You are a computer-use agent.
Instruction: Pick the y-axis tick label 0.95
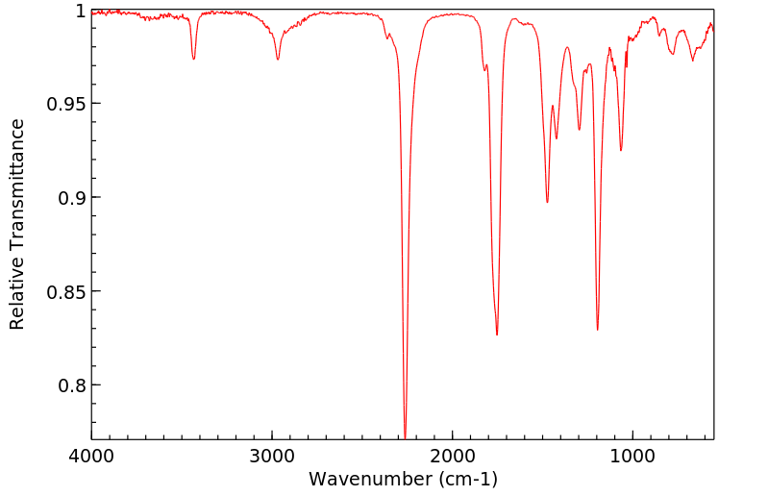(65, 104)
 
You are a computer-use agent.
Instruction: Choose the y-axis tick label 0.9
(71, 198)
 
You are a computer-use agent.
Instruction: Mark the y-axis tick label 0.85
(65, 292)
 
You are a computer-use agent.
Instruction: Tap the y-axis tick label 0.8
(71, 385)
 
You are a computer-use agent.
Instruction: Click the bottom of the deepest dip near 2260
(406, 437)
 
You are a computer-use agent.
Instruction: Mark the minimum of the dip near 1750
(497, 335)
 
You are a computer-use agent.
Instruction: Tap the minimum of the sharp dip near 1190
(598, 330)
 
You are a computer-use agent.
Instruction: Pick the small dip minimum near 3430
(194, 60)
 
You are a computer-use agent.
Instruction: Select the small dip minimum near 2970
(278, 60)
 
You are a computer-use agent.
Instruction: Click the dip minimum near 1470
(547, 202)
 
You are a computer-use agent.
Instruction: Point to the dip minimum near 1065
(621, 150)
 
